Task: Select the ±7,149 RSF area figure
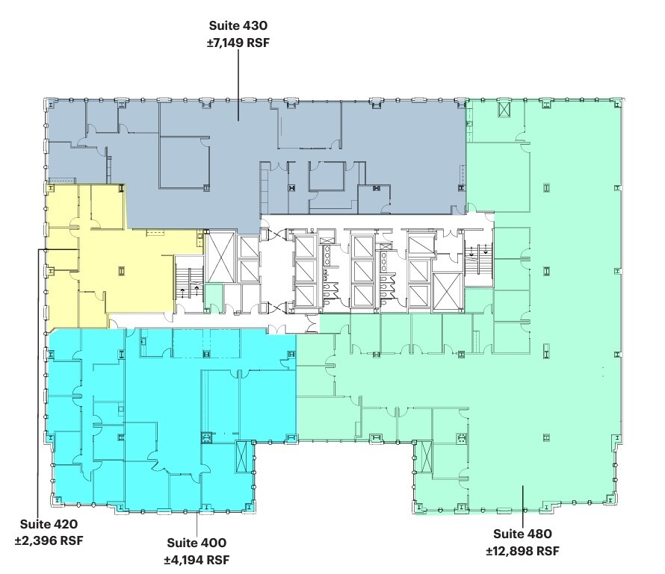(x=238, y=44)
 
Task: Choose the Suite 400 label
(x=197, y=543)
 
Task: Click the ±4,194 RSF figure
(x=197, y=559)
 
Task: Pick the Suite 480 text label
(x=522, y=534)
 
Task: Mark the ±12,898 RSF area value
(x=522, y=551)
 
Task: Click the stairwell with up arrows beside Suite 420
(x=188, y=284)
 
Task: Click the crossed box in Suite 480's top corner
(x=505, y=109)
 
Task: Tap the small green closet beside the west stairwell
(x=214, y=296)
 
